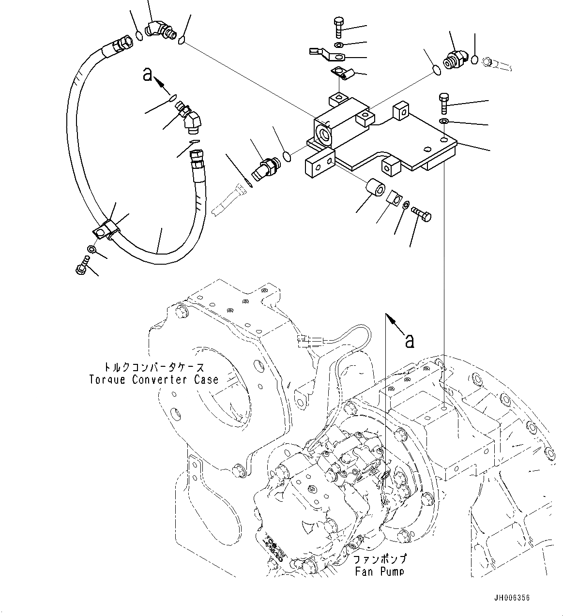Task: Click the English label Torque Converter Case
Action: coord(153,380)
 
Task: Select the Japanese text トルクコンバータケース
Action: coord(153,368)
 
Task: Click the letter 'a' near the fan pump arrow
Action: coord(410,340)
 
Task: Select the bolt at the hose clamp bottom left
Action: coord(82,266)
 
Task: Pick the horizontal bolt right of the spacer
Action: coord(421,213)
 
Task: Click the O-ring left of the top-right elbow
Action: coord(436,70)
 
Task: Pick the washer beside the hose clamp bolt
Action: coord(91,250)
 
